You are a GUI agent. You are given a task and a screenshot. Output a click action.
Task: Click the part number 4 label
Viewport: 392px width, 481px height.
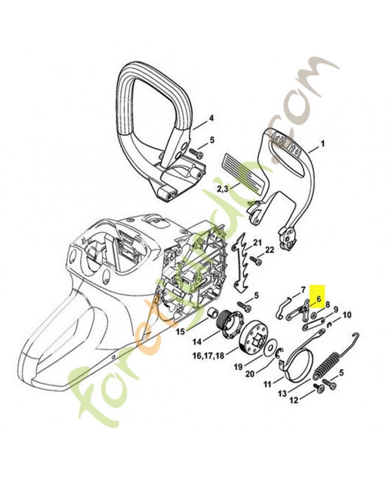coord(211,118)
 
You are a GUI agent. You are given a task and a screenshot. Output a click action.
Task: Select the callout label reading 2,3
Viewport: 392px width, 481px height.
coord(222,189)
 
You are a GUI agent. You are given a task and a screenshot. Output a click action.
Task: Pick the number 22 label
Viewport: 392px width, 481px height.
coord(270,250)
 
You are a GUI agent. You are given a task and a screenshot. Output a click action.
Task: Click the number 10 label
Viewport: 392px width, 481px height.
coord(347,314)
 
